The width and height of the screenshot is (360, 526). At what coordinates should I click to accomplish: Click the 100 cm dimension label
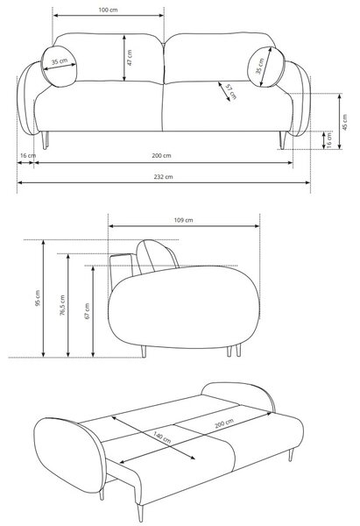[108, 10]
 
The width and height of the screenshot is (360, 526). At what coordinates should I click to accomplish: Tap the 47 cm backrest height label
[130, 57]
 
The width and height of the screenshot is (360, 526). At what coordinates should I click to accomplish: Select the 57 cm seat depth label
[231, 92]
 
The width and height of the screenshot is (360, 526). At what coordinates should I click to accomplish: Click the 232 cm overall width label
[163, 177]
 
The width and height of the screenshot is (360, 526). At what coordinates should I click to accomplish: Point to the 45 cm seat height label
[345, 122]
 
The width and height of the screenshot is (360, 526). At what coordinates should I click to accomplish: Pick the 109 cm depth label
[183, 220]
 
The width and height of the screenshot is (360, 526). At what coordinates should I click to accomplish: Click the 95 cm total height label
[37, 298]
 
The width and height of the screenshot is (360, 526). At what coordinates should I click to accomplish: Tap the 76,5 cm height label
[62, 306]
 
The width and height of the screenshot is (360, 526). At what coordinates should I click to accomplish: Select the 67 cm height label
[87, 311]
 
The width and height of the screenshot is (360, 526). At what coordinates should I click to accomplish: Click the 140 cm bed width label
[162, 437]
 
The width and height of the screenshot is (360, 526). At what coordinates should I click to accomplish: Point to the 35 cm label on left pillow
[60, 61]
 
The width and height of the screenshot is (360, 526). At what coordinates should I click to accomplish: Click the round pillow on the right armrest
[266, 67]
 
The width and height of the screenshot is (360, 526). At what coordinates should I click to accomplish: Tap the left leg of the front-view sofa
[45, 140]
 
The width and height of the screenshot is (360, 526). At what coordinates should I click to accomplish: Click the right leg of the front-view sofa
[283, 140]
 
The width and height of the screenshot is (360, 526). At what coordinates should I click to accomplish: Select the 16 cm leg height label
[328, 140]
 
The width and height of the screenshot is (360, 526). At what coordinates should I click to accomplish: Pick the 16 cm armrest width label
[28, 156]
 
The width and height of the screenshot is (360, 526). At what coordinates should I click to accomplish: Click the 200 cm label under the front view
[161, 156]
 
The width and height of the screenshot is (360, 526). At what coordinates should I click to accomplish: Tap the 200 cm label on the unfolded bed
[224, 423]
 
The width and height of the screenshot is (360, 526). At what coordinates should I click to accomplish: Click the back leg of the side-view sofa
[144, 352]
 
